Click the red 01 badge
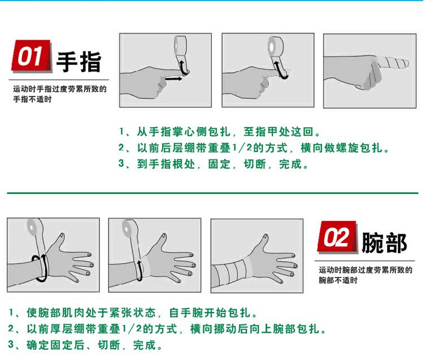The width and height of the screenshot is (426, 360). pos(32,56)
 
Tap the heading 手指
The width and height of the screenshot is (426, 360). pos(79,62)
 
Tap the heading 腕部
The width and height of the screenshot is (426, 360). pos(384,242)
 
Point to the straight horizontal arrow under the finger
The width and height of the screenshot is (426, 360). pos(173,79)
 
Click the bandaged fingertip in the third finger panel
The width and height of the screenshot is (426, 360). pos(393,63)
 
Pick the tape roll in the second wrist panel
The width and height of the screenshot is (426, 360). pos(129,228)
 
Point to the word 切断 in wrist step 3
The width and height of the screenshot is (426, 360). pos(109,345)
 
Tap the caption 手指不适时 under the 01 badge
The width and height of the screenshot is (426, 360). pos(32,99)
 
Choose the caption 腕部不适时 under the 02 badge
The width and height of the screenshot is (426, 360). pos(338,280)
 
